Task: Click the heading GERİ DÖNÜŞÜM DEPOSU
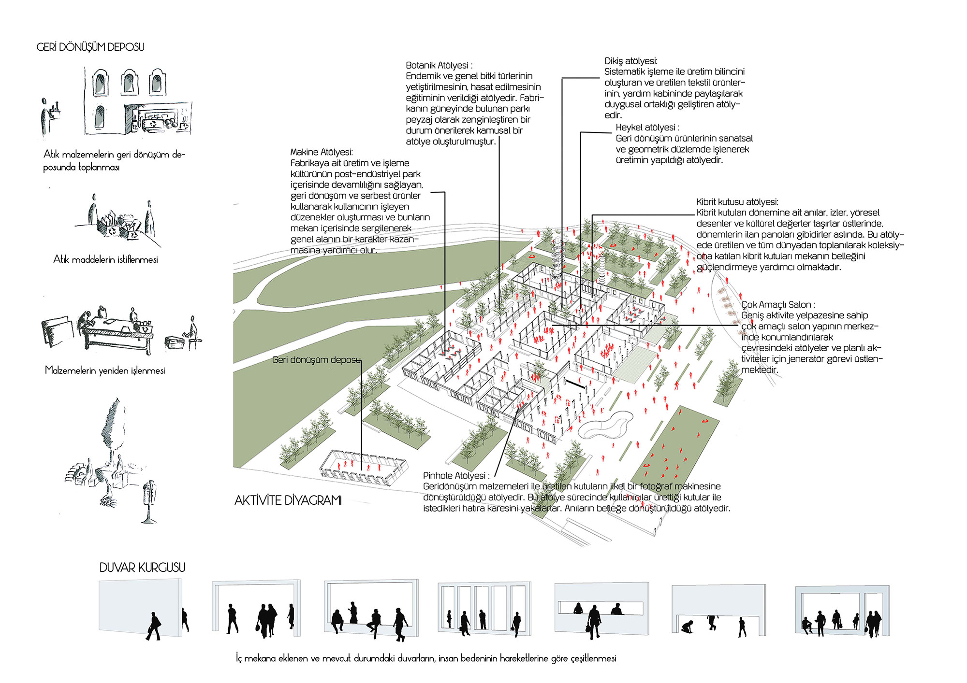[x=90, y=47]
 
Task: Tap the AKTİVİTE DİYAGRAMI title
[x=288, y=500]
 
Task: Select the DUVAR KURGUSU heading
[x=143, y=568]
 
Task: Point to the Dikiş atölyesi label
[x=631, y=61]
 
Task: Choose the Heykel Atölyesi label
[x=647, y=128]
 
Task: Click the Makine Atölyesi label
[x=322, y=152]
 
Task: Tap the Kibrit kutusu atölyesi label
[x=737, y=202]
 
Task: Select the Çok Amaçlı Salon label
[x=778, y=305]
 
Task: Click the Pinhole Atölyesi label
[x=456, y=476]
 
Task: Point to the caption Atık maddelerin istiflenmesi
[x=105, y=259]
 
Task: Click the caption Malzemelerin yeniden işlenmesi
[x=105, y=370]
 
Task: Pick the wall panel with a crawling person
[x=719, y=610]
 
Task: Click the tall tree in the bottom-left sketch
[x=114, y=430]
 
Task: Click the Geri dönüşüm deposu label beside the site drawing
[x=316, y=360]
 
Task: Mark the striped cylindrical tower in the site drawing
[x=602, y=270]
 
